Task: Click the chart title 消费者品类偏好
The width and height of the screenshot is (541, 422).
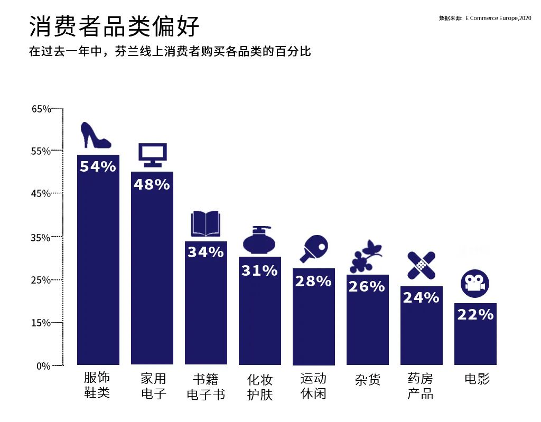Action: tap(114, 26)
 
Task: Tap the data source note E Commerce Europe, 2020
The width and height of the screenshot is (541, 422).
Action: tap(484, 18)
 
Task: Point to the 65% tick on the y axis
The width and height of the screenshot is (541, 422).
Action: tap(41, 109)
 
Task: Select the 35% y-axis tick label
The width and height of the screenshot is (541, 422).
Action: tap(41, 238)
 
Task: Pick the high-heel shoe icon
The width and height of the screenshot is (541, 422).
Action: tap(95, 136)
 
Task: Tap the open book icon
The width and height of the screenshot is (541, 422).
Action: tap(205, 224)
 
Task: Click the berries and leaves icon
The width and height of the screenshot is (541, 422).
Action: tap(366, 257)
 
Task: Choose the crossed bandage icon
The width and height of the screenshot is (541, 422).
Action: tap(421, 266)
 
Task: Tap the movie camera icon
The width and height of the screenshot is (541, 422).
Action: tap(474, 284)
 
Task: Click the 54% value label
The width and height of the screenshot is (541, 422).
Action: tap(98, 167)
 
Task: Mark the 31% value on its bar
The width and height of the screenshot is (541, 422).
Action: tap(259, 271)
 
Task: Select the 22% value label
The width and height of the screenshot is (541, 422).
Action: tap(475, 315)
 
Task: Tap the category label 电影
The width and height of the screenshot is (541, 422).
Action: tap(477, 379)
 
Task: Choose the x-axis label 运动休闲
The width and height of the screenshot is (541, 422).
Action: tap(313, 386)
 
